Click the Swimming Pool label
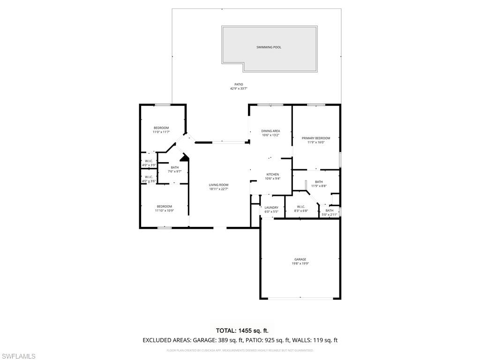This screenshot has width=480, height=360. [x=269, y=47]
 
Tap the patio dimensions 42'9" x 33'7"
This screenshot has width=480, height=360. [x=239, y=89]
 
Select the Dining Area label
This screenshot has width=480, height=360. [x=270, y=131]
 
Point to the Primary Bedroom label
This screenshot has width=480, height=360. [x=315, y=138]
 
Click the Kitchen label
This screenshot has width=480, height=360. [x=272, y=174]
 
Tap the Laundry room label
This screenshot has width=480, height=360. [x=271, y=208]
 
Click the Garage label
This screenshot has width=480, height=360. [x=300, y=259]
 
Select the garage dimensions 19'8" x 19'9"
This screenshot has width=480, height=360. [x=300, y=264]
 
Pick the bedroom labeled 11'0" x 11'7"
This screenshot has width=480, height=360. [x=161, y=130]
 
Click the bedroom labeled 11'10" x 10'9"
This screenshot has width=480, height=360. [x=164, y=209]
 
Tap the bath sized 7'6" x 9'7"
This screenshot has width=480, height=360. [x=174, y=169]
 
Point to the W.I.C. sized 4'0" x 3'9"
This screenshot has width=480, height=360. [x=149, y=163]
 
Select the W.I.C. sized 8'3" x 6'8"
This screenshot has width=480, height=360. [x=301, y=209]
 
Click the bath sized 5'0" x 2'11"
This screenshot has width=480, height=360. [x=330, y=212]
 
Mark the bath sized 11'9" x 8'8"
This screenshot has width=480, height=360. [x=319, y=184]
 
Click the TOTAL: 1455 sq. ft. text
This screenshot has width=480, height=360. [x=240, y=330]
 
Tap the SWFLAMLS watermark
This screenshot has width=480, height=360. [x=18, y=356]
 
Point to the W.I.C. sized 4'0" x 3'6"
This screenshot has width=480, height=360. [x=149, y=179]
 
